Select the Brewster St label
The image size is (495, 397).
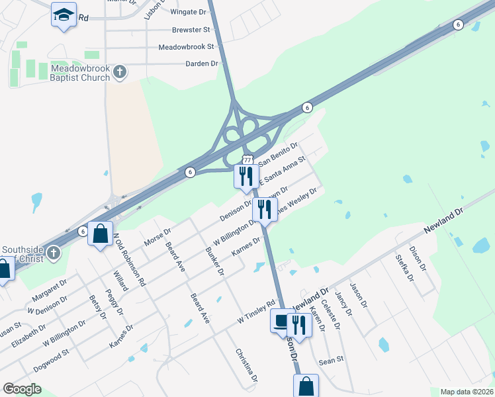tap(191, 30)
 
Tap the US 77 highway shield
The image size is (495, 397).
tap(247, 160)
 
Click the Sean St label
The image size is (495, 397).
tap(331, 360)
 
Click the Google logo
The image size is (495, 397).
tap(22, 389)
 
